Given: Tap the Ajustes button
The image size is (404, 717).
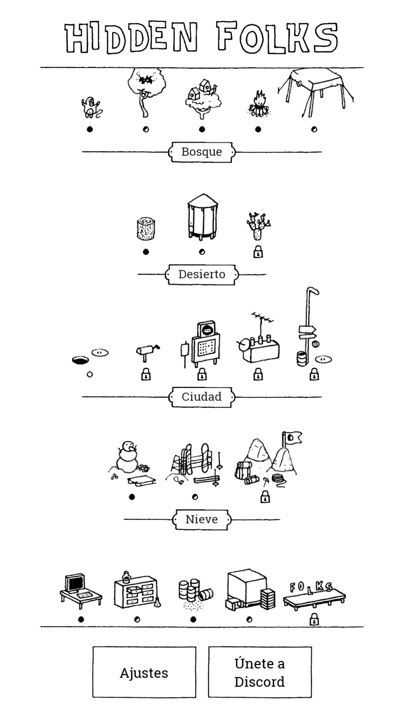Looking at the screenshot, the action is point(144,672).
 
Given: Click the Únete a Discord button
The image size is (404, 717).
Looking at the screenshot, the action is point(260,672).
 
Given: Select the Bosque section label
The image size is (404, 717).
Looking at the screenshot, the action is point(202,152).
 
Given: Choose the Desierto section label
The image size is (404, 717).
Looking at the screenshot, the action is point(202,274).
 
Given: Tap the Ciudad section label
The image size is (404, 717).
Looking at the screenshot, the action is point(202,397).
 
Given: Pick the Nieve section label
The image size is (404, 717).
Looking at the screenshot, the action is point(202,520).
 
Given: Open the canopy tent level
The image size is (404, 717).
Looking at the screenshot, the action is point(315,93).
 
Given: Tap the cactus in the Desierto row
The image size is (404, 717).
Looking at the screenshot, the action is point(258,226).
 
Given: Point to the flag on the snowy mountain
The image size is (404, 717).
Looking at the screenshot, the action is point(293,438).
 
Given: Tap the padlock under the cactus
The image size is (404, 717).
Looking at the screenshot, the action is point(258,252).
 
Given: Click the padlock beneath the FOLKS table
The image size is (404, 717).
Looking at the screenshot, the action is point(314,620).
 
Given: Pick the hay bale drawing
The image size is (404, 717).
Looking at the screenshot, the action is point(145,229).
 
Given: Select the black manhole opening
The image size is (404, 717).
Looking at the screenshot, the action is point(80,360).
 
